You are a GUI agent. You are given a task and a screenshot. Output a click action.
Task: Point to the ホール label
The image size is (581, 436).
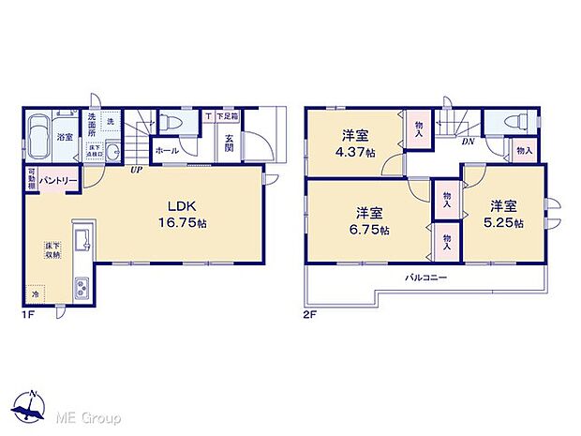coord(167,150)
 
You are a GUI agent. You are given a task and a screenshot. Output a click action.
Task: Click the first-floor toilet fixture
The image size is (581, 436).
coord(171,122)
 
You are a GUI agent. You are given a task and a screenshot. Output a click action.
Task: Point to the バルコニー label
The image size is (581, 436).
coord(425,278)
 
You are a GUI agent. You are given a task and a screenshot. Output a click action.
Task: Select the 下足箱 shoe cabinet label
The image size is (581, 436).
coord(227,116)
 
